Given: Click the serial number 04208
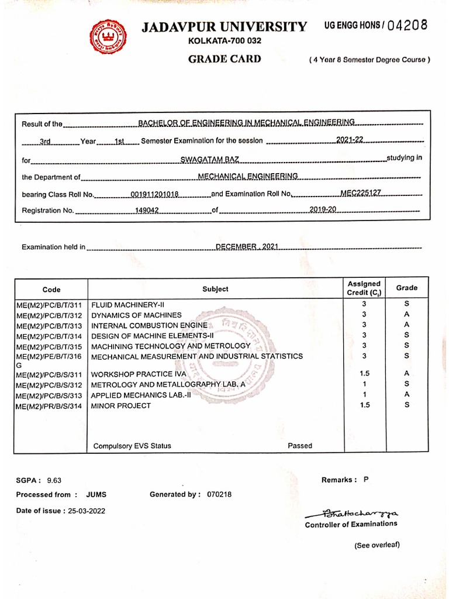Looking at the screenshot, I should [407, 25].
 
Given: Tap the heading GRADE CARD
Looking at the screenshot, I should [224, 59].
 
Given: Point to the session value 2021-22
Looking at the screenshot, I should [350, 139].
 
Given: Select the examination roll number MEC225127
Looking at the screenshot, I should [361, 192].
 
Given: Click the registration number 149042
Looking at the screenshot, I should [147, 210].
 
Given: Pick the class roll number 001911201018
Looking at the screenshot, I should [154, 194].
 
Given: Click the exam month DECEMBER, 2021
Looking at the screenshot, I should [246, 247].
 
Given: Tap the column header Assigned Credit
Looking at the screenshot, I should [364, 288].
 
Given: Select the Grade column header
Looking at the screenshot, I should [407, 288].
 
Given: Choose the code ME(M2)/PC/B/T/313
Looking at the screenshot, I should [49, 325].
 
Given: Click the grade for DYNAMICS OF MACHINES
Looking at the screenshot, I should [407, 315].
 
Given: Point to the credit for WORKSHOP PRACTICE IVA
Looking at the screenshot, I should [364, 374].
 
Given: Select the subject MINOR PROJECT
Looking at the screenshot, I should [121, 405].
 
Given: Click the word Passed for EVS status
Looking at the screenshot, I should [300, 446].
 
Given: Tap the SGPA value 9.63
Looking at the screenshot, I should [54, 480].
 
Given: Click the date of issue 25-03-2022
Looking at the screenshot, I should [87, 511].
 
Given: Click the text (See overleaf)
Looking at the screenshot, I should [377, 545].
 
